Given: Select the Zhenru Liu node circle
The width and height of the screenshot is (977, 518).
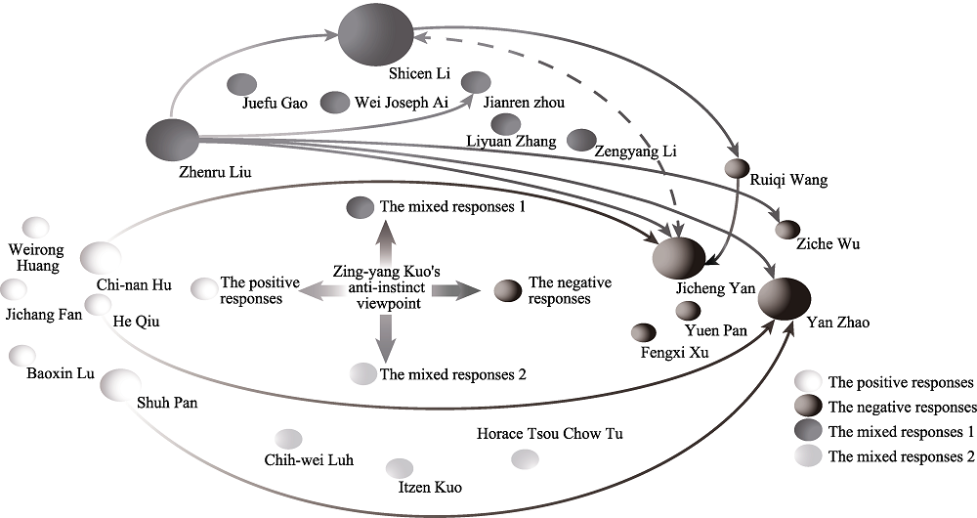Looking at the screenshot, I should [x=172, y=138].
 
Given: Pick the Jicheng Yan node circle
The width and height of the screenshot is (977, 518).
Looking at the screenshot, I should [x=678, y=257].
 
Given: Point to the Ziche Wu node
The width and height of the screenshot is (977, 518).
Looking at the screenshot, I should [x=787, y=230].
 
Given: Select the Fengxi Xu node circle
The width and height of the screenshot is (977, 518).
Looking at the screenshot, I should [x=644, y=332].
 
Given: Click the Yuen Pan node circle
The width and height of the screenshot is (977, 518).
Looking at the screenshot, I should [x=688, y=311].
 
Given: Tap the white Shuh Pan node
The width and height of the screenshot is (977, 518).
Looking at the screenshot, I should [x=119, y=384].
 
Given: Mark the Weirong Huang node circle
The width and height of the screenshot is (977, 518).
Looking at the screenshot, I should [x=36, y=227].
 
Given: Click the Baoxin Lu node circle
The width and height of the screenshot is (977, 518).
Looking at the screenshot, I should [x=22, y=355].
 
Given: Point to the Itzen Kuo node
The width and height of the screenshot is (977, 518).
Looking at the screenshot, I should [x=400, y=468].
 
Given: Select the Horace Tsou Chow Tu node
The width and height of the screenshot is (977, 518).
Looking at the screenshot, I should [x=525, y=457].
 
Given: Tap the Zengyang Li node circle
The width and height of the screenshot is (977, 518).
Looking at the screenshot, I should [x=582, y=140].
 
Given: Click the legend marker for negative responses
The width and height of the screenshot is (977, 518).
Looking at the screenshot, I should [x=808, y=406].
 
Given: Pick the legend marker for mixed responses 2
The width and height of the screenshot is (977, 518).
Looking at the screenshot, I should [x=808, y=454].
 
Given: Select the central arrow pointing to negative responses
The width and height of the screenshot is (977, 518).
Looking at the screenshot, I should [x=456, y=290].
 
